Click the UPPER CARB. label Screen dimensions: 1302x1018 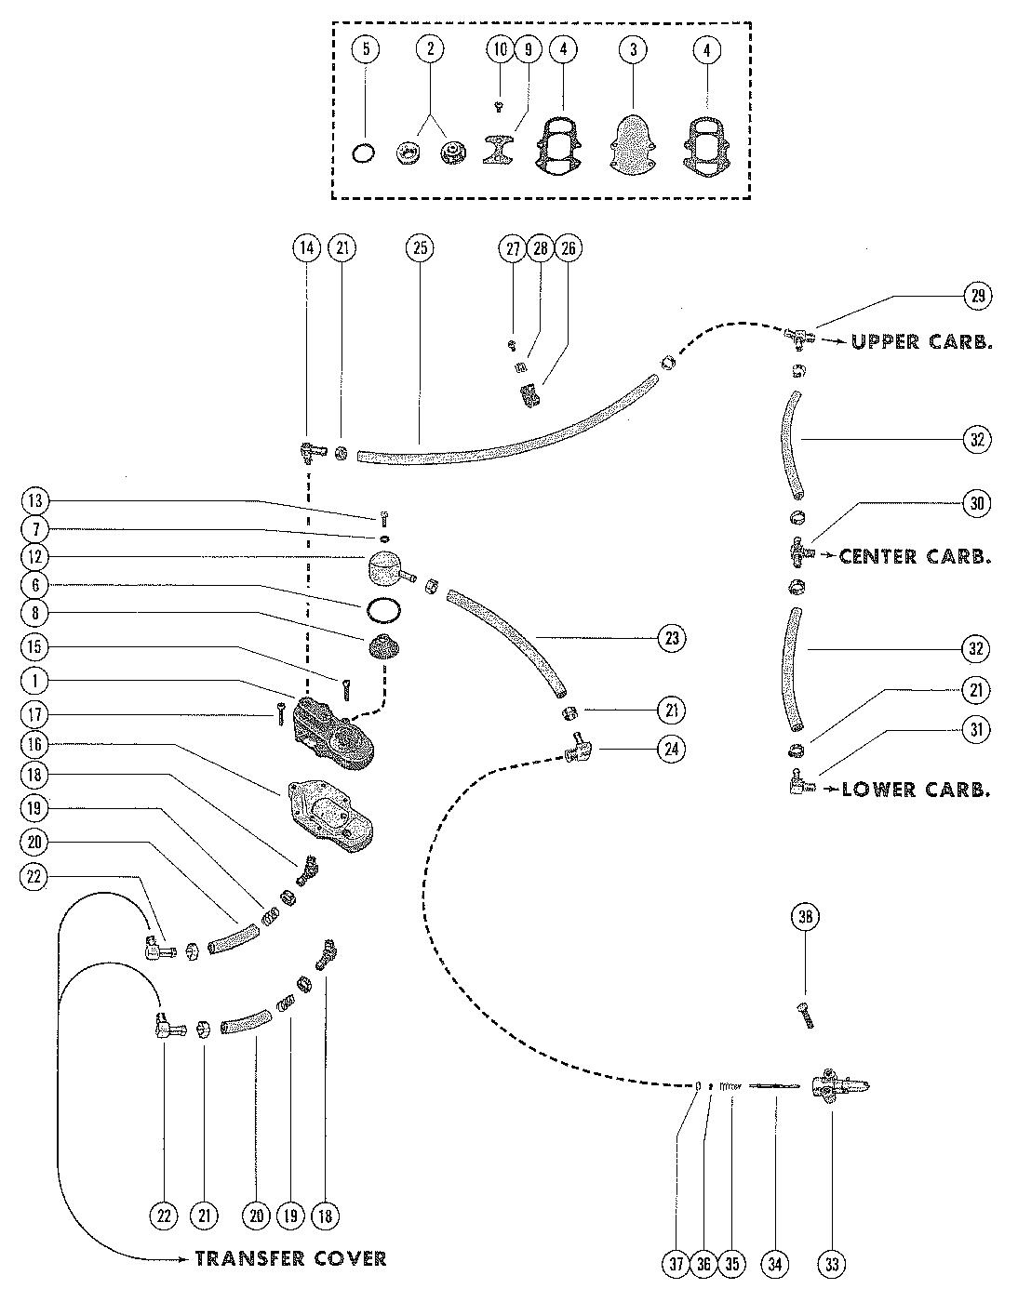[921, 341]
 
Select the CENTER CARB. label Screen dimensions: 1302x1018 [914, 556]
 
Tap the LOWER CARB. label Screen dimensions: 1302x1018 [916, 790]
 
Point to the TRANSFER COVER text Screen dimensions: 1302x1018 [290, 1258]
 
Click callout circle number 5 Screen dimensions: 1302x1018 [366, 49]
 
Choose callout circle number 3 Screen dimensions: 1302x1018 [633, 49]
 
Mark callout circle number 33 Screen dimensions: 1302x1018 [831, 1264]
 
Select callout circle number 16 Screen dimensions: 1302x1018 [35, 745]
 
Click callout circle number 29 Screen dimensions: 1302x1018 [977, 296]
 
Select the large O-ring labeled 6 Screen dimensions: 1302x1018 [383, 610]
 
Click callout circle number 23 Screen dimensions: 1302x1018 [672, 638]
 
